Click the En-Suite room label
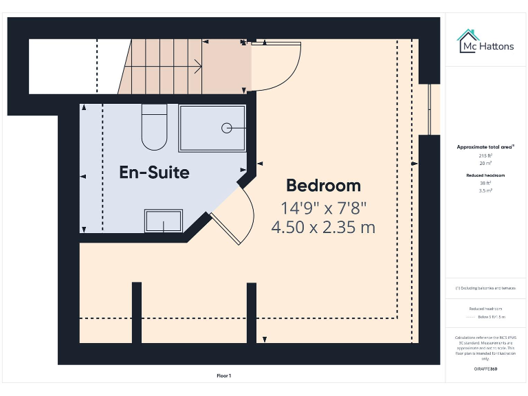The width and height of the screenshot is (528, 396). tap(154, 173)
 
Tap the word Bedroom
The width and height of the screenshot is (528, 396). tap(323, 186)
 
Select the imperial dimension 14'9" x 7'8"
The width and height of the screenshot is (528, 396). tap(323, 207)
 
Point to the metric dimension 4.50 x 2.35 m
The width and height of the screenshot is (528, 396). tap(323, 227)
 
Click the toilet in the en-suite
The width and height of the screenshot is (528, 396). tap(154, 127)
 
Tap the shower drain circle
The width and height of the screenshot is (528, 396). tap(226, 127)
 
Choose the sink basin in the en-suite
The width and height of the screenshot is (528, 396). tap(163, 221)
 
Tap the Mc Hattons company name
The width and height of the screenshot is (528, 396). tap(486, 47)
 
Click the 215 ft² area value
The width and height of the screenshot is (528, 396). tap(485, 156)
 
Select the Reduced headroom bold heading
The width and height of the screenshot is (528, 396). tap(485, 175)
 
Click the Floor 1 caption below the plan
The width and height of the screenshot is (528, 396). tap(223, 375)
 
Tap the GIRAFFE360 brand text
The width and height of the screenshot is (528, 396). tap(485, 369)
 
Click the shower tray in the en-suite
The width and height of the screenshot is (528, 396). tap(212, 128)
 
